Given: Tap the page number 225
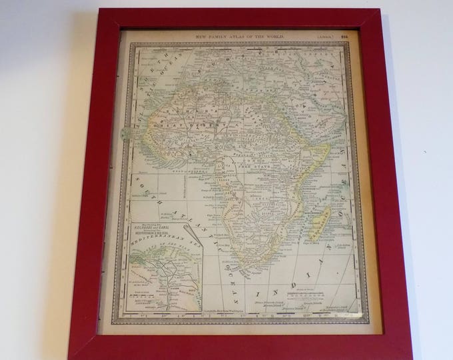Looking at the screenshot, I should [344, 35].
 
